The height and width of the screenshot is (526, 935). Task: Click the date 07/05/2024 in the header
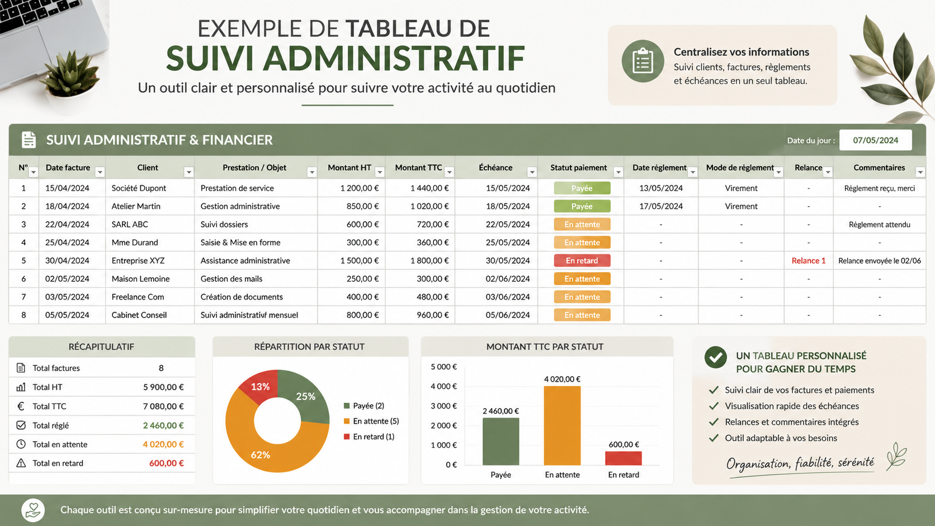coord(875,140)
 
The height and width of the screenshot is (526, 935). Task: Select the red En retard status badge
coord(582,260)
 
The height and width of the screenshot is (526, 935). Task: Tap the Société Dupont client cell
coord(139,188)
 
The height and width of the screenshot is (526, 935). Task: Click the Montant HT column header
coord(350,167)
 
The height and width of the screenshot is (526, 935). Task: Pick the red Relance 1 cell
coord(809,260)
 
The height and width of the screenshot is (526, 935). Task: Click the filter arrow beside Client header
coord(188,172)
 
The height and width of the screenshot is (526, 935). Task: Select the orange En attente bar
coord(562,425)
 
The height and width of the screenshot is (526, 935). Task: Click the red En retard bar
coord(623,458)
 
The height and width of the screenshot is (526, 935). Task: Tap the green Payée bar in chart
coord(500,442)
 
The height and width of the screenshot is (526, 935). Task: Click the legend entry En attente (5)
coord(371,421)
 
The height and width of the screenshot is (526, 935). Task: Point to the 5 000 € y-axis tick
coord(443,367)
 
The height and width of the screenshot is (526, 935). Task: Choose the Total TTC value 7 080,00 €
coord(163,406)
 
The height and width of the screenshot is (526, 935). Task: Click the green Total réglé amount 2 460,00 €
coord(163,425)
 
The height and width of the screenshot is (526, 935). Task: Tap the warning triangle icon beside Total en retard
coord(21,463)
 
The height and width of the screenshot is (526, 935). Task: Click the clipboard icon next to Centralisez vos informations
coord(643,61)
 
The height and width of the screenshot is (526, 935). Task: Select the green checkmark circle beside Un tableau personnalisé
coord(715,358)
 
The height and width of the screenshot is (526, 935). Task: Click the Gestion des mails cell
coord(232,278)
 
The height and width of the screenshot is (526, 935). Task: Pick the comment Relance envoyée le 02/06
coord(880,260)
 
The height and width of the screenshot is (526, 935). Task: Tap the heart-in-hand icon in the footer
coord(33,510)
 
